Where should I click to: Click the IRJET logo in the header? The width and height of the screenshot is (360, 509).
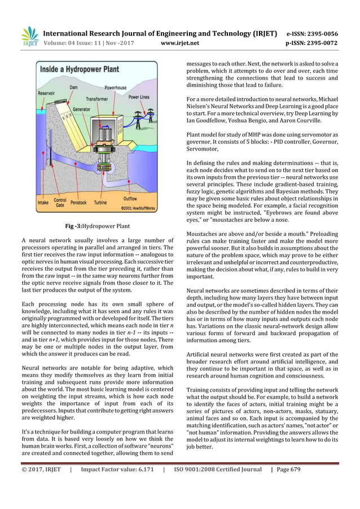[x=29, y=36]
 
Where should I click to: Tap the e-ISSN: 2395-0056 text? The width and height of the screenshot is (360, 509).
[x=313, y=32]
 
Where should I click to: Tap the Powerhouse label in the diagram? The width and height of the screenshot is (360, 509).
[x=116, y=88]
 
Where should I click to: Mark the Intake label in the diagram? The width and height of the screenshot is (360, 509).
[x=42, y=201]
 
